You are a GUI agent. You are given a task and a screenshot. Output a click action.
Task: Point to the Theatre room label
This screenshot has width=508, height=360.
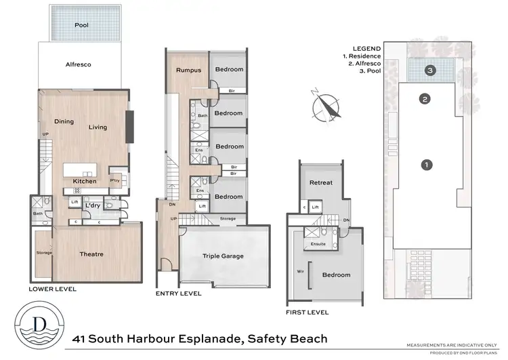click(91, 254)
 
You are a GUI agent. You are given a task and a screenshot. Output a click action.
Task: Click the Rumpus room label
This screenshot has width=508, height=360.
click(188, 70)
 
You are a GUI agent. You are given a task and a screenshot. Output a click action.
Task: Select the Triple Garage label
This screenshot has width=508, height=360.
click(224, 257)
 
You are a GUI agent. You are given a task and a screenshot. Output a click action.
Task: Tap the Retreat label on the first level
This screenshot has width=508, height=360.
click(320, 183)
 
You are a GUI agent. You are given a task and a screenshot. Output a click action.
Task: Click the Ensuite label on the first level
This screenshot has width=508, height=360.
click(319, 243)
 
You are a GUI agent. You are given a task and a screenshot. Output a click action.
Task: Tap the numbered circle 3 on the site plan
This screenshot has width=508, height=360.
click(429, 69)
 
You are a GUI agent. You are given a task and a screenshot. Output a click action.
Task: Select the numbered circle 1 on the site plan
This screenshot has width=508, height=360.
click(427, 164)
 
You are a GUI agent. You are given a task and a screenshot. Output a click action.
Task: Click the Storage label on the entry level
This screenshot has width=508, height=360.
click(228, 218)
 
